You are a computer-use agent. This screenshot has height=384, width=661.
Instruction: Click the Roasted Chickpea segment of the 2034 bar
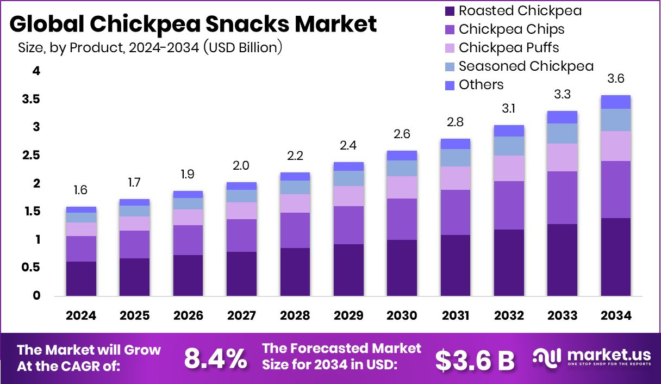click(615, 257)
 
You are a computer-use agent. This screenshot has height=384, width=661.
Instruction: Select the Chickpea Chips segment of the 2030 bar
click(402, 219)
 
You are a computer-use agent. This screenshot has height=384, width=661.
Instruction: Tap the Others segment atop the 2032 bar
click(509, 131)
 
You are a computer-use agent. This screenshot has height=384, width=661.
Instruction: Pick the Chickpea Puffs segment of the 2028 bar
click(295, 203)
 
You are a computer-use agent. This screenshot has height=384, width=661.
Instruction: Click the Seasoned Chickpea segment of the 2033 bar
click(562, 133)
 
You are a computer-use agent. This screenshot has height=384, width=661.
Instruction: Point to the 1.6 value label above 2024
click(80, 190)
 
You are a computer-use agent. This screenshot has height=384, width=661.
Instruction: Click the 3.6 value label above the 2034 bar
click(615, 78)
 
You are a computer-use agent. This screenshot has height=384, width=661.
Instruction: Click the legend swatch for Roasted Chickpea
click(450, 11)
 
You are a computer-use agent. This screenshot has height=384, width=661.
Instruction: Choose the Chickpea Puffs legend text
click(508, 48)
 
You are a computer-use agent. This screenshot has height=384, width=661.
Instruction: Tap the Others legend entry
click(481, 85)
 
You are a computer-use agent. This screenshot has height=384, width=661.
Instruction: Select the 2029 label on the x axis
click(348, 316)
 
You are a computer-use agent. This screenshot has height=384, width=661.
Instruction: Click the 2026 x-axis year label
click(188, 316)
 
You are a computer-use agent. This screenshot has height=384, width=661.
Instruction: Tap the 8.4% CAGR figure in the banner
click(215, 358)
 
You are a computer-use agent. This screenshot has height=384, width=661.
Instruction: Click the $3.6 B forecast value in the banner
click(475, 359)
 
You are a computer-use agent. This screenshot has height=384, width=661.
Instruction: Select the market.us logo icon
click(546, 357)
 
